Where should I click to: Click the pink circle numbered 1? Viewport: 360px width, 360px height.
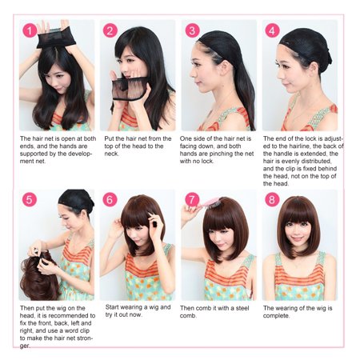30,30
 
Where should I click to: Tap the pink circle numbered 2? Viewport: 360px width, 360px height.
110,30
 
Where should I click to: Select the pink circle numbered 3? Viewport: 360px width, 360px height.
192,30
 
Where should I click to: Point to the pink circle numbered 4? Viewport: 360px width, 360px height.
272,30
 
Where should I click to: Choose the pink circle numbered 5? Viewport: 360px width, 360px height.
30,199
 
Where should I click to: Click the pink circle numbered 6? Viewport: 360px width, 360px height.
110,199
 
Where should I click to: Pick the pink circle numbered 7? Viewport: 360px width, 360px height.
192,199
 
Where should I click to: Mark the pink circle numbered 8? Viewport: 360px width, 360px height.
272,199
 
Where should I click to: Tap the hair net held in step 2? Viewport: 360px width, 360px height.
130,89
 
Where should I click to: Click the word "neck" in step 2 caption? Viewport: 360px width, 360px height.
111,154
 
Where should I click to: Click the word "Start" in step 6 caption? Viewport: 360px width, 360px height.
112,307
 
